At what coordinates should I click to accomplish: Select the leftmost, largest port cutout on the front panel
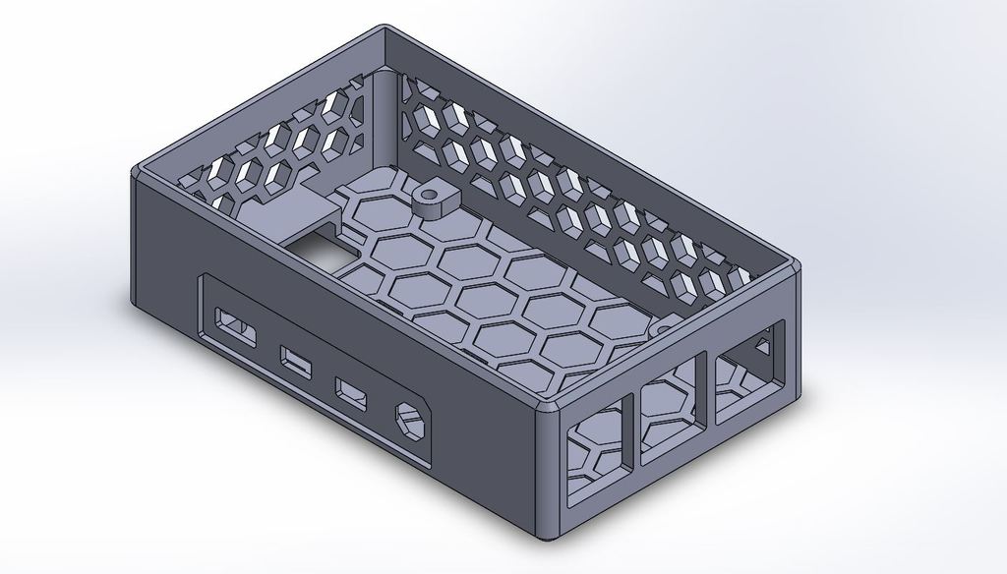point(234,326)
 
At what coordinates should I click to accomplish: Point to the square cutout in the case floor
point(319,247)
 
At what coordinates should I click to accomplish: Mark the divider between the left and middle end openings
point(633,432)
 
